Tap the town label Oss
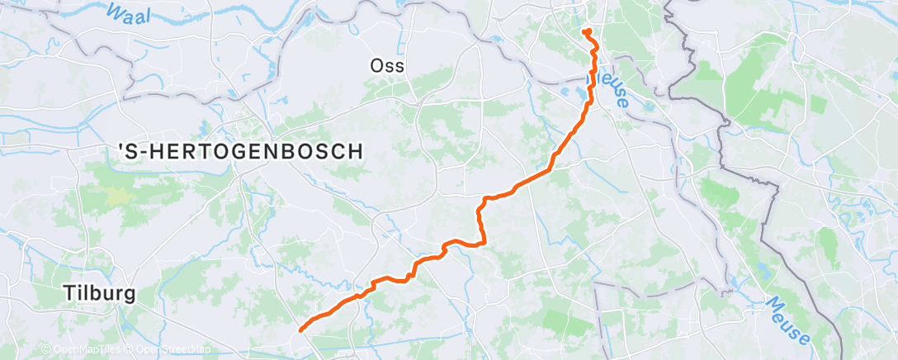coord(388,66)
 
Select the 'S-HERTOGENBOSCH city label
coord(240,151)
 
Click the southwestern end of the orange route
coord(300,329)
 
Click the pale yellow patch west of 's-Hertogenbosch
coord(119,196)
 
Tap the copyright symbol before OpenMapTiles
coord(46,349)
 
